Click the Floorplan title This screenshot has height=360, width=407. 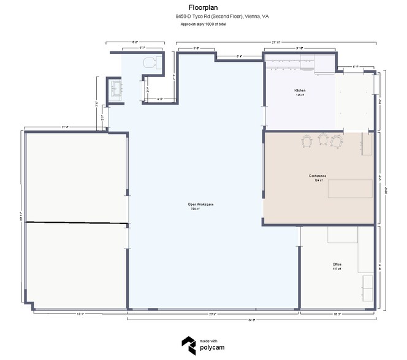(200, 8)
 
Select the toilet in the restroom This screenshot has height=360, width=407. (151, 62)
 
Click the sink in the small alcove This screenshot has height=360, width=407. (115, 89)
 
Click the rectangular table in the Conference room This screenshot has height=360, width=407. (350, 188)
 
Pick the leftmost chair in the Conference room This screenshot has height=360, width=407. (307, 141)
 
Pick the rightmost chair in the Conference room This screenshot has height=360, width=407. (336, 141)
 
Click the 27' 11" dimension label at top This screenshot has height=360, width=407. (276, 42)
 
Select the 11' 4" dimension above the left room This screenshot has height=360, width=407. (64, 127)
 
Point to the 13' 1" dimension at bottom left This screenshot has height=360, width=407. (80, 313)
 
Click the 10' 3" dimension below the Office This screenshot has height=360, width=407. (337, 313)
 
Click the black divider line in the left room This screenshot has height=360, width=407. (77, 222)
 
